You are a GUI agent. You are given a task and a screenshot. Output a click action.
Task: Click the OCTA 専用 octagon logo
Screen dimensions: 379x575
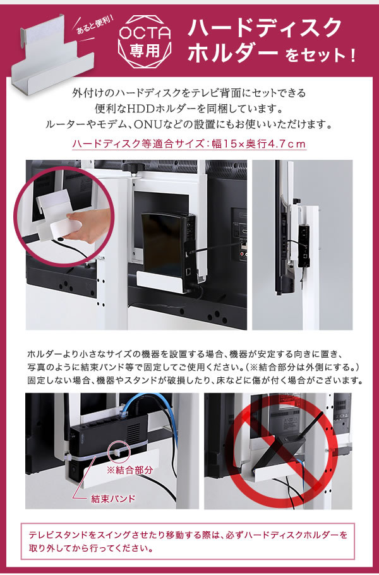tap(145, 42)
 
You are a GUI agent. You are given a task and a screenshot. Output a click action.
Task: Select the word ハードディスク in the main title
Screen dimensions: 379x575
tap(265, 28)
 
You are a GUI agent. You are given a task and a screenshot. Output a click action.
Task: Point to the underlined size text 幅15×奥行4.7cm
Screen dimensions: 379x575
tap(259, 144)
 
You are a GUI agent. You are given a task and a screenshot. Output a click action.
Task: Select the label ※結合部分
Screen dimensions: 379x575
tap(129, 470)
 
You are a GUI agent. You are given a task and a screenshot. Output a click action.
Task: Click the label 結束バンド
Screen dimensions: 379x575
tap(113, 499)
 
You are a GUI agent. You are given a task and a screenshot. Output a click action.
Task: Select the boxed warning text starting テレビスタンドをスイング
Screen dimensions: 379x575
tap(188, 542)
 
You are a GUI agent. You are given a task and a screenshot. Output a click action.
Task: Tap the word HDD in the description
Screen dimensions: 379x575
tap(141, 109)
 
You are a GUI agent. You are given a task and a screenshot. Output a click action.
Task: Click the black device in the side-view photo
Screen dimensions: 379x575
tap(304, 245)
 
